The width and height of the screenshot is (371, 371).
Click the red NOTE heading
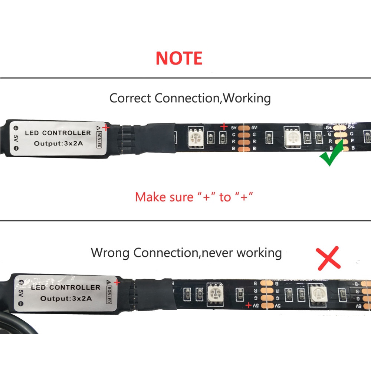tap(179, 58)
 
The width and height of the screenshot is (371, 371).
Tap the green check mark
tap(332, 156)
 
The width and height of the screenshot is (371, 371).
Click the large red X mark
tap(329, 257)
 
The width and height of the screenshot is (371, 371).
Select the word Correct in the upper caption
tap(130, 98)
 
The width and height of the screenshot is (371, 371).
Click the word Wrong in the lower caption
tap(111, 253)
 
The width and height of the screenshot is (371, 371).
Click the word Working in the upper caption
tap(247, 98)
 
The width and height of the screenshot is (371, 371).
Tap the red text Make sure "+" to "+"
tap(194, 197)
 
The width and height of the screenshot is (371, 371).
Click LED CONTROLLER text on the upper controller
tap(58, 133)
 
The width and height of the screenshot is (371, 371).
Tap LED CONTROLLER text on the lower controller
tap(65, 287)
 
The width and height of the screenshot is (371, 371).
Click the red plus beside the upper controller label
tap(106, 128)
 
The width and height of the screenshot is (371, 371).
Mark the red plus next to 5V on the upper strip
tap(224, 127)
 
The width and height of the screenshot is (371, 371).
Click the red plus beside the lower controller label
tap(117, 282)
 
